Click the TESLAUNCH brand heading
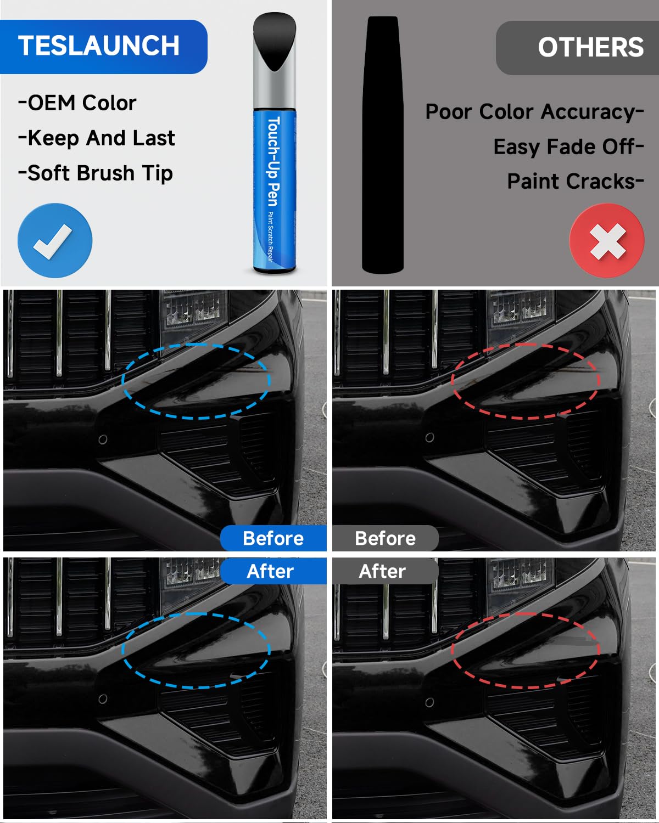pyautogui.click(x=99, y=46)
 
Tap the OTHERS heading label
pyautogui.click(x=590, y=48)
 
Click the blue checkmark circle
pyautogui.click(x=55, y=240)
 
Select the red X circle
pyautogui.click(x=607, y=240)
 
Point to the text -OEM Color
pyautogui.click(x=77, y=103)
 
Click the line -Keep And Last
pyautogui.click(x=97, y=138)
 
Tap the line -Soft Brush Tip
pyautogui.click(x=96, y=173)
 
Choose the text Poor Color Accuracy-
pyautogui.click(x=534, y=112)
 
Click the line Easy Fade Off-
pyautogui.click(x=568, y=147)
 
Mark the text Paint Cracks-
pyautogui.click(x=575, y=182)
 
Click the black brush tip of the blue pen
pyautogui.click(x=275, y=41)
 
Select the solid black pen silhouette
pyautogui.click(x=383, y=145)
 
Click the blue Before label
pyautogui.click(x=273, y=538)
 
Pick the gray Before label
pyautogui.click(x=385, y=538)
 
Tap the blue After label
pyautogui.click(x=270, y=571)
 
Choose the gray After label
pyautogui.click(x=382, y=571)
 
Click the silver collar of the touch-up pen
pyautogui.click(x=275, y=88)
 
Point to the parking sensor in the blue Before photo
pyautogui.click(x=103, y=440)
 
